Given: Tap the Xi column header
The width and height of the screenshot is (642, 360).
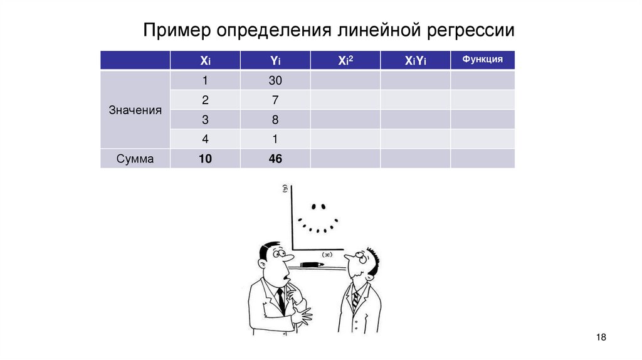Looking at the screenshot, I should tap(205, 61).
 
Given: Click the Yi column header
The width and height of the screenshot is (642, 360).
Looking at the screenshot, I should tap(275, 61).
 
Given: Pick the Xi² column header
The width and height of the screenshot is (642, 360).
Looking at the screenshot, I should tap(345, 61).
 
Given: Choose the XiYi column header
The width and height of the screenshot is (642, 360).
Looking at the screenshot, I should tap(415, 61).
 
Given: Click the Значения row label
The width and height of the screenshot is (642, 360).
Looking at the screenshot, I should tap(135, 110).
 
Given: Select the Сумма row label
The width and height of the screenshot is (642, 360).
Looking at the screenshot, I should tap(135, 159).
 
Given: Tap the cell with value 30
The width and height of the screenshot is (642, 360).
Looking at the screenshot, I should tap(275, 81).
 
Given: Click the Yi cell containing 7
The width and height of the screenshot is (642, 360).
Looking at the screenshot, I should tap(275, 100).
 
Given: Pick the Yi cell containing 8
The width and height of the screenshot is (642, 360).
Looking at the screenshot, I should tap(275, 120).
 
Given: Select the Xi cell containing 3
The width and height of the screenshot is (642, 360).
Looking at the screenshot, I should tap(205, 120).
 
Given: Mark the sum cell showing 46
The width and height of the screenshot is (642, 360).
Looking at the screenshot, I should tap(275, 159).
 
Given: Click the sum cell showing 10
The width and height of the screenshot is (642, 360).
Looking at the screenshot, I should tap(205, 159).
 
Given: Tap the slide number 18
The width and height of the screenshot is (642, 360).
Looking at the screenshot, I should tap(601, 338).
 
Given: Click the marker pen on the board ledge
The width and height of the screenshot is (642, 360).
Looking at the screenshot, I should tap(312, 265).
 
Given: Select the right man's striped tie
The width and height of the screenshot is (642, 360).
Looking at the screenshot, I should tap(355, 300).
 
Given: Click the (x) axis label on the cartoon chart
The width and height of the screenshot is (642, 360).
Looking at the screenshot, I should tap(327, 254).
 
